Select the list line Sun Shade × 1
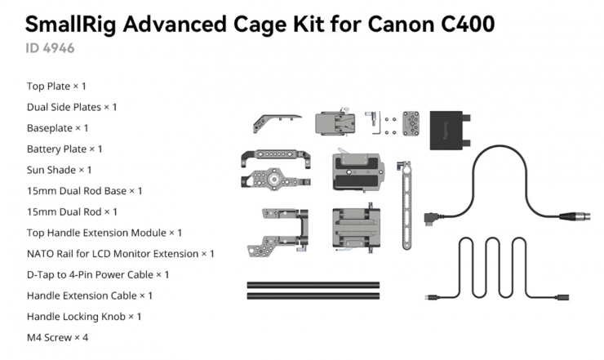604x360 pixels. click(59, 170)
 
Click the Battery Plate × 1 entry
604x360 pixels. click(64, 149)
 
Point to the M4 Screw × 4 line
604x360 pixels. click(57, 336)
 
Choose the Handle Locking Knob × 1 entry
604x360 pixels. click(84, 316)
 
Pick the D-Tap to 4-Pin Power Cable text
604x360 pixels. click(98, 274)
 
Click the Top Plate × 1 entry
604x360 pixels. click(56, 86)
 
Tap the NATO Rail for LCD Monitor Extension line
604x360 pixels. click(120, 254)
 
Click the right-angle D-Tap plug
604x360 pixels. click(430, 218)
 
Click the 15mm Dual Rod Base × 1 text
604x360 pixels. click(84, 190)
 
